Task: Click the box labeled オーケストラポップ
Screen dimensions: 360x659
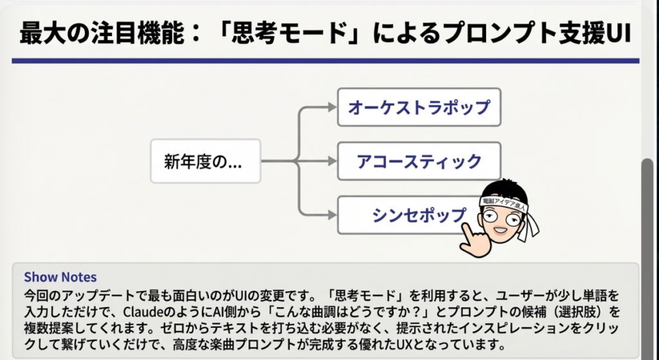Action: tap(419, 107)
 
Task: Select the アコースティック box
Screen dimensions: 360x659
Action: tap(419, 160)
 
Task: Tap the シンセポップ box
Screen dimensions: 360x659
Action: tap(412, 214)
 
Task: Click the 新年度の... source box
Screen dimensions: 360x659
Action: tap(205, 160)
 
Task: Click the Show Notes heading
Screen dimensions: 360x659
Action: tap(60, 278)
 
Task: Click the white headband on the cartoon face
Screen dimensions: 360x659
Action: tap(505, 202)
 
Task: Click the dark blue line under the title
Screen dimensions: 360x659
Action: tap(322, 61)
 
